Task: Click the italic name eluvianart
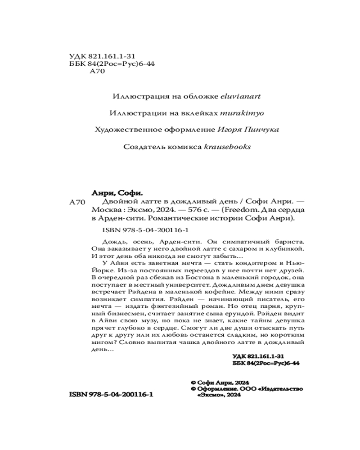click(x=242, y=96)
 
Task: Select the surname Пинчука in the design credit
click(x=263, y=130)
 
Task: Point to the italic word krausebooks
click(x=228, y=146)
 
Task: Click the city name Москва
click(x=104, y=211)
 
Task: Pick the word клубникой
click(x=280, y=248)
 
